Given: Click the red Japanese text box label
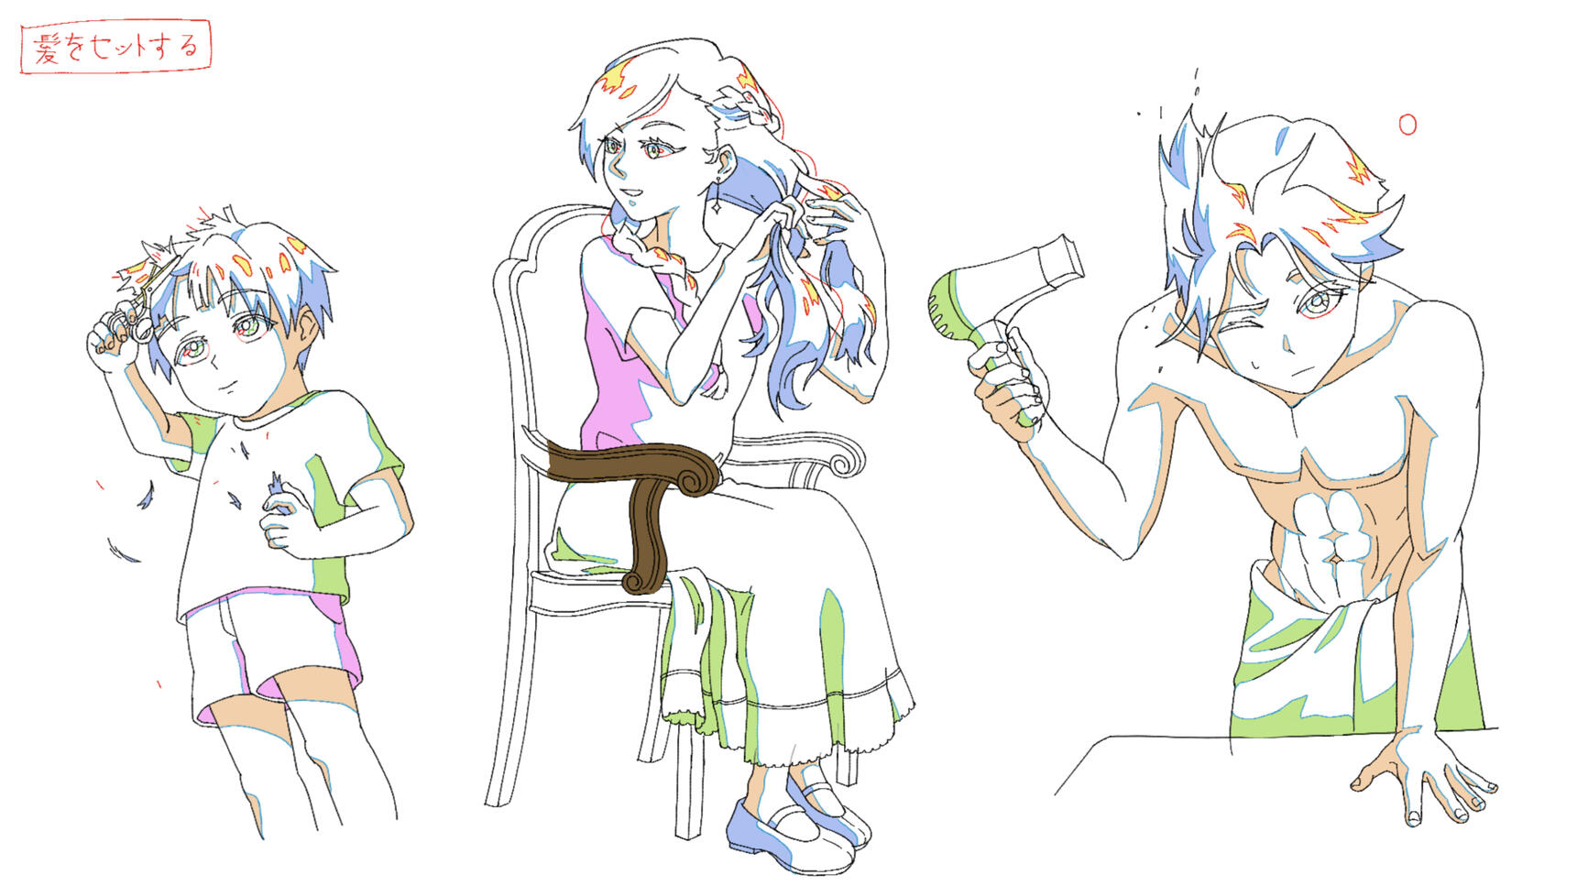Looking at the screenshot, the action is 115,47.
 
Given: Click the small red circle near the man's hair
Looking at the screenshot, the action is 1407,124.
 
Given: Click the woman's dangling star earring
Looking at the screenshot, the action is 714,205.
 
